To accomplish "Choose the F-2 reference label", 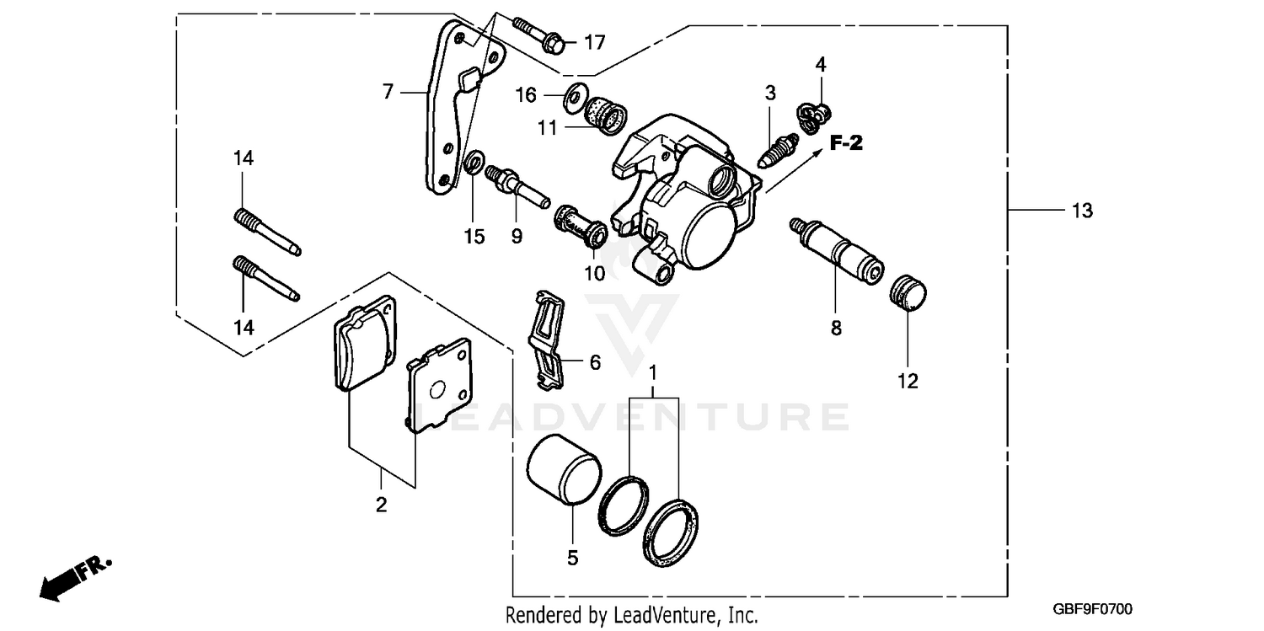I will (x=846, y=144).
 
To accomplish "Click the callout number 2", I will (x=381, y=505).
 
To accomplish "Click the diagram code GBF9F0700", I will (x=1092, y=609).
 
